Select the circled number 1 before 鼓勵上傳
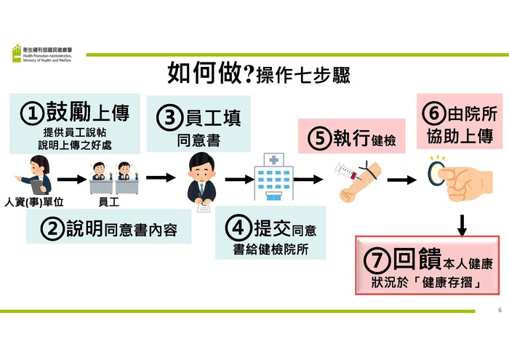coord(32,113)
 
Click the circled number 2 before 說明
coord(52,230)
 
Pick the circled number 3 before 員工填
coord(169,117)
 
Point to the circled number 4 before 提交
coord(237,228)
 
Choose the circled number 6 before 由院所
coord(431,114)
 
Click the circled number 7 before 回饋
coord(378,260)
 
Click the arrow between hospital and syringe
coord(308,178)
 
